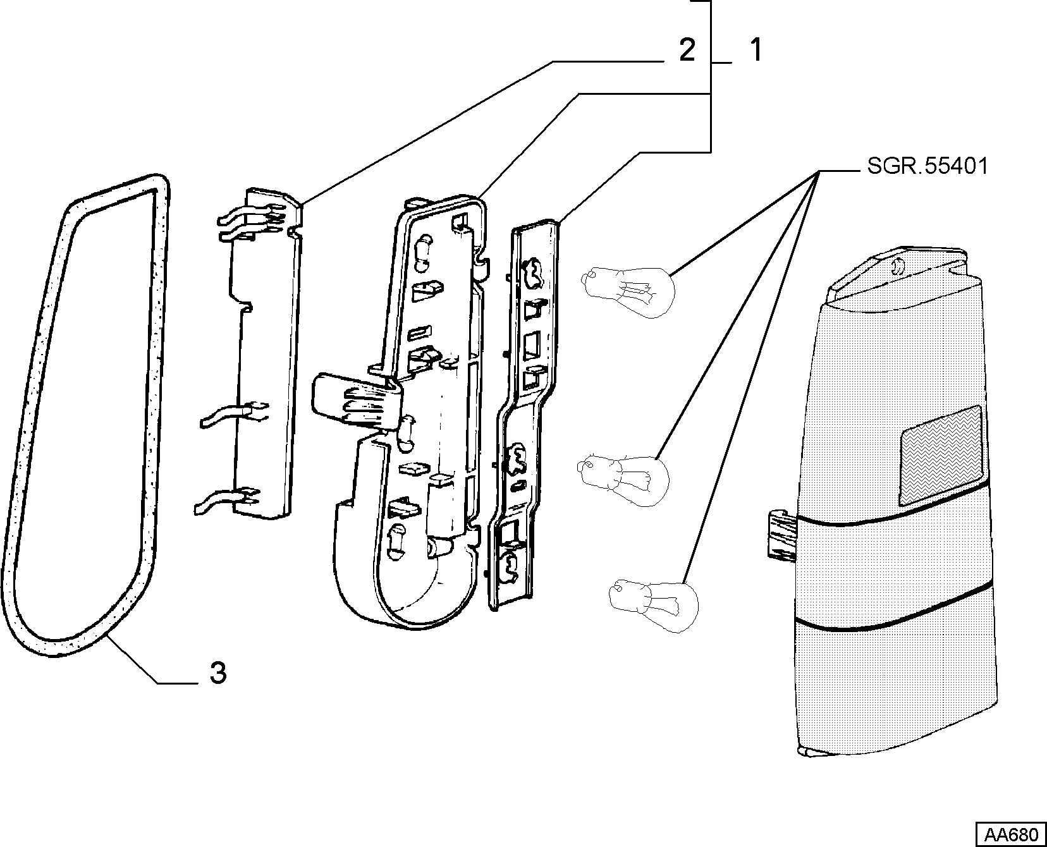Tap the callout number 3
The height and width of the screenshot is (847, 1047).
pyautogui.click(x=217, y=674)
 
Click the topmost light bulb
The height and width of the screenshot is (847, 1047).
pyautogui.click(x=630, y=288)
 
